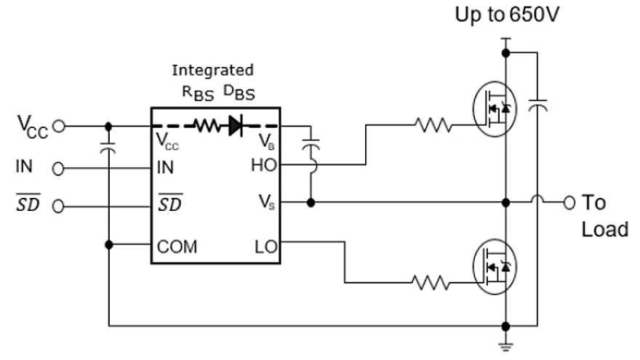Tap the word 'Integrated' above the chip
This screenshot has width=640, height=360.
point(212,71)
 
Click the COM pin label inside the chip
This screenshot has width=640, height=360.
point(177,247)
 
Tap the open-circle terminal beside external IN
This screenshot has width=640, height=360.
point(59,169)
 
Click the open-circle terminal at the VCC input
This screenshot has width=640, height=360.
point(59,126)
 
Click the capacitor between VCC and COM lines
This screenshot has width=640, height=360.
point(108,148)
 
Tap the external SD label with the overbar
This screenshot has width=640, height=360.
point(28,207)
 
